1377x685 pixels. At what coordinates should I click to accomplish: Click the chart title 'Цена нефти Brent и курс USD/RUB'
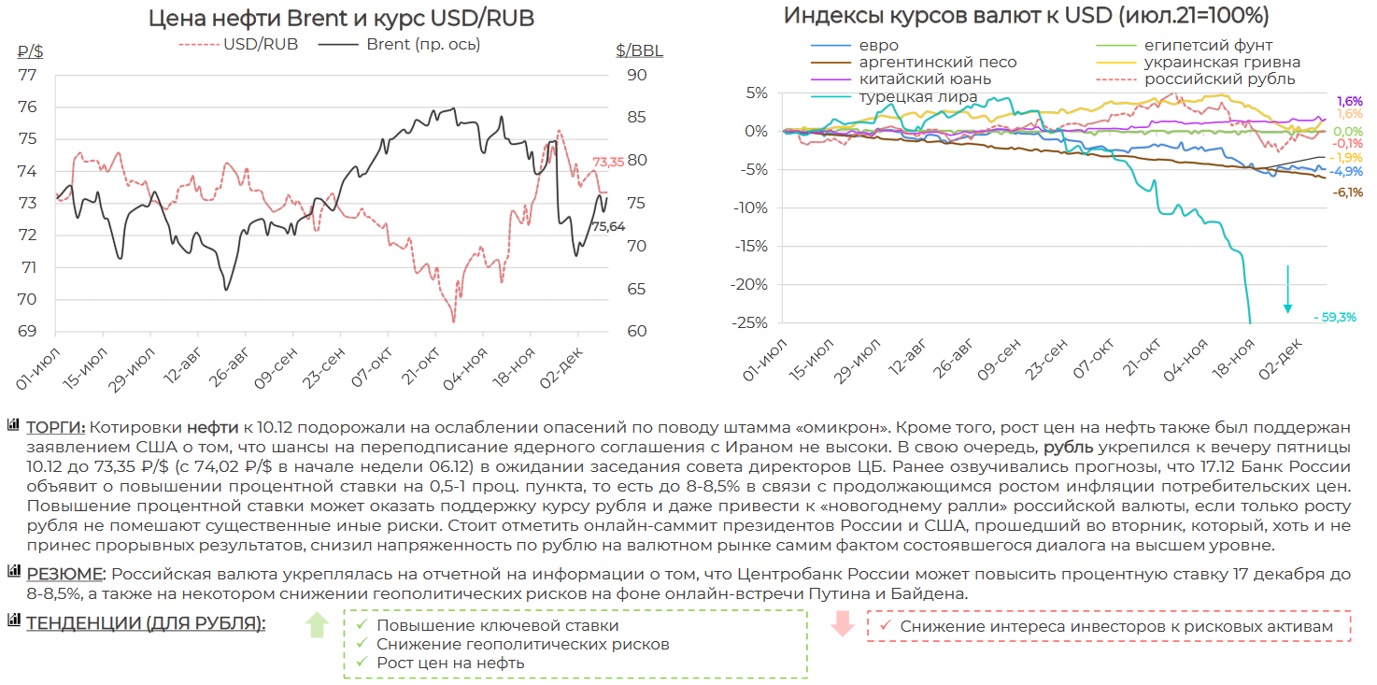click(x=342, y=19)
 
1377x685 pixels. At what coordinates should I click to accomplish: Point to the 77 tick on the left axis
click(x=27, y=76)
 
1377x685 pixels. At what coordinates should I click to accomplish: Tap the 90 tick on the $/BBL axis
click(x=636, y=76)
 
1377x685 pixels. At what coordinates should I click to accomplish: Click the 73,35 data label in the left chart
click(x=608, y=162)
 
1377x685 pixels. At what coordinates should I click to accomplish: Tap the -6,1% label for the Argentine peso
click(x=1347, y=193)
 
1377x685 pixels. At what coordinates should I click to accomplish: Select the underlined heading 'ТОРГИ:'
click(x=55, y=427)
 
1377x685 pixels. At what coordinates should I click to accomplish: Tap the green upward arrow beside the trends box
click(x=317, y=624)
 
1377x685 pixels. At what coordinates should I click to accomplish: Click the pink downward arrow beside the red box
click(x=843, y=624)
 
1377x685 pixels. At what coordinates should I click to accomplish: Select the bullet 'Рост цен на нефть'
click(x=450, y=663)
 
